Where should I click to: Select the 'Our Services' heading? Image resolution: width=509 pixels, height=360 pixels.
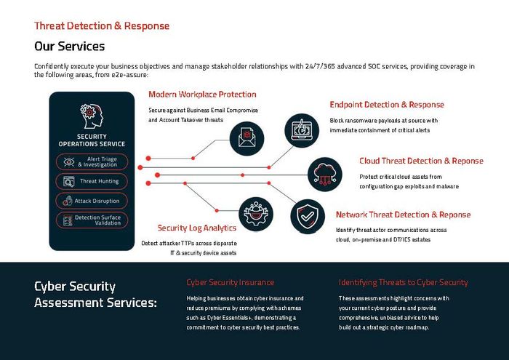[70, 47]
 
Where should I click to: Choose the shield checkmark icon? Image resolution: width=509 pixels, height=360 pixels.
[308, 216]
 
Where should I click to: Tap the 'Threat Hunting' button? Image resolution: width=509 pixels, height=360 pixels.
[92, 181]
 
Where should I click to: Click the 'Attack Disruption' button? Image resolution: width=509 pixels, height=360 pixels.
[92, 201]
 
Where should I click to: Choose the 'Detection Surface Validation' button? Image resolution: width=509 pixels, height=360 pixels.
[92, 220]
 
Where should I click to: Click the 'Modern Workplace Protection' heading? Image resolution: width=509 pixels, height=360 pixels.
[202, 95]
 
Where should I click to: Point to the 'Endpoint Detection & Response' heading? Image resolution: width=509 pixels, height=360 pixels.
[386, 105]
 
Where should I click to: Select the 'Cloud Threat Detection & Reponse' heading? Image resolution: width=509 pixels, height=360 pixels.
[420, 161]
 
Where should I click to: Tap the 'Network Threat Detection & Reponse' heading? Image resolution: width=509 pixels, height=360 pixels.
[403, 215]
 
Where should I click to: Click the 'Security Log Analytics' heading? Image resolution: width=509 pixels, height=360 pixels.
[196, 228]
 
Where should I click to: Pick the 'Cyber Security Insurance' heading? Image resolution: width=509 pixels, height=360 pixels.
[231, 282]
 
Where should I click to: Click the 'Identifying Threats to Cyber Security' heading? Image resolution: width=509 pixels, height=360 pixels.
[403, 282]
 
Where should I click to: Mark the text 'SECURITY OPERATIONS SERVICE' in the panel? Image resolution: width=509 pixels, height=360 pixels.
[92, 140]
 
